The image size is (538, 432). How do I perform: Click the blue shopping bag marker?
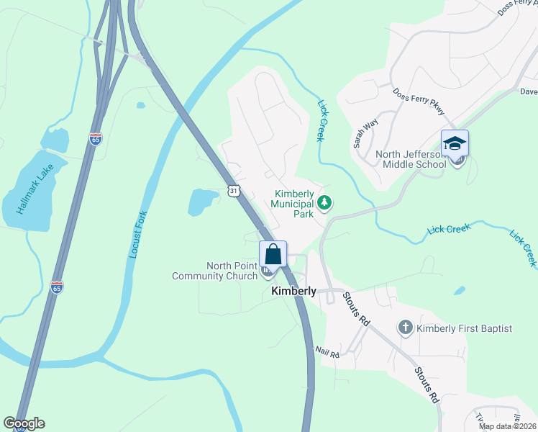(x=273, y=254)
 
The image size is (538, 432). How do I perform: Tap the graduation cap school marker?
(x=455, y=143)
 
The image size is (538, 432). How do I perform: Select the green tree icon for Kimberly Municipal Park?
(x=325, y=203)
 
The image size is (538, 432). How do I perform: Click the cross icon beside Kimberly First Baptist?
(x=405, y=328)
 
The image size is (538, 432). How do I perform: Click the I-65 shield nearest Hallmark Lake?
(x=96, y=139)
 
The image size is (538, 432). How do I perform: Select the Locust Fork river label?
(x=136, y=234)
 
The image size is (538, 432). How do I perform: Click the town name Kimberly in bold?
(x=293, y=291)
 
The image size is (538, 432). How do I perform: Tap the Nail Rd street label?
(x=327, y=351)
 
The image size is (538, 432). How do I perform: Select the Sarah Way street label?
(x=365, y=134)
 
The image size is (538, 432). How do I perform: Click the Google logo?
(x=24, y=423)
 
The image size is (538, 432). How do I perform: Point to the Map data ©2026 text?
(x=507, y=426)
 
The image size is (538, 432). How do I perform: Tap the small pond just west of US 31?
(x=202, y=202)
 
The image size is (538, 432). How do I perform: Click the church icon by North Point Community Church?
(x=268, y=271)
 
